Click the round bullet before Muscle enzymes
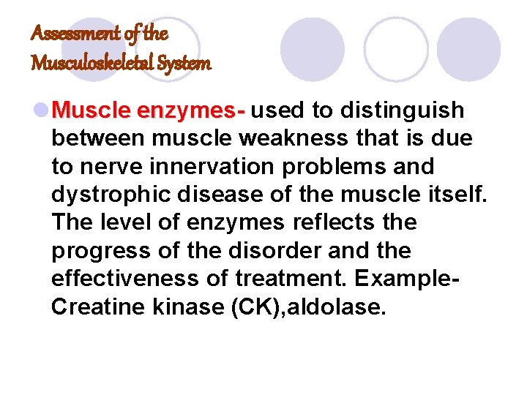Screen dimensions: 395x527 [x=41, y=111]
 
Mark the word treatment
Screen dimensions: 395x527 [x=275, y=278]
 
